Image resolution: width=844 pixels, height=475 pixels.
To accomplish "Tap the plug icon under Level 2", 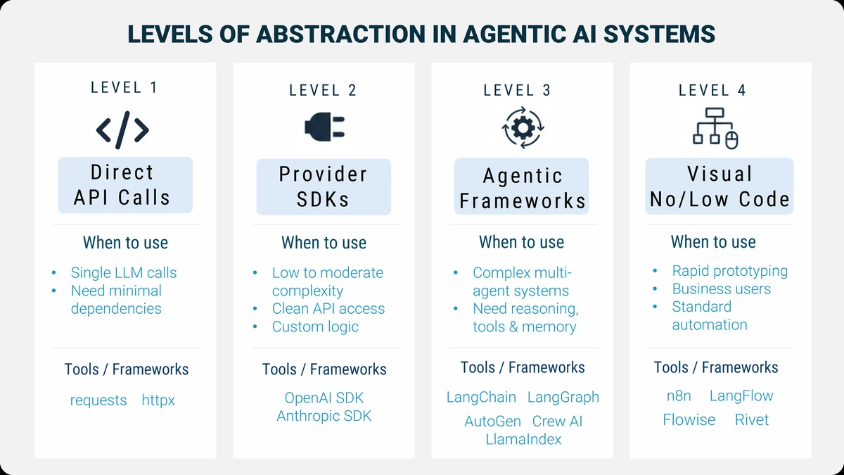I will (x=324, y=127).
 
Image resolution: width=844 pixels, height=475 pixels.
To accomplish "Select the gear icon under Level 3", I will (x=521, y=128).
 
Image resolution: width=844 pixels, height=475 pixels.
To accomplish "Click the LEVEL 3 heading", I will (x=517, y=90).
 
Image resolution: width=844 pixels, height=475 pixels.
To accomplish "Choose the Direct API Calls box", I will (x=125, y=185).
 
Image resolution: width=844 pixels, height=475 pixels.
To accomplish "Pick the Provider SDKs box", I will (x=324, y=186).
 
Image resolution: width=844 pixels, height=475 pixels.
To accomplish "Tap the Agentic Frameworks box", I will (x=522, y=187).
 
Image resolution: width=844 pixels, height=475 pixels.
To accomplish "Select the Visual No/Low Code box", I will (x=720, y=186).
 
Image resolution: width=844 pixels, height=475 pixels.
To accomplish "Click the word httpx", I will (x=158, y=400).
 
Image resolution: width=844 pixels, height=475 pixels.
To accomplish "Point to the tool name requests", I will (x=98, y=400).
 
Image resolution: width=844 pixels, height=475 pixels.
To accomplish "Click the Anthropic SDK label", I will (x=324, y=416).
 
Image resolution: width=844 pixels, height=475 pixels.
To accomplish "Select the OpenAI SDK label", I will (x=324, y=398).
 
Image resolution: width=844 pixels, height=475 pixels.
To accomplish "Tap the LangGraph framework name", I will (x=563, y=397).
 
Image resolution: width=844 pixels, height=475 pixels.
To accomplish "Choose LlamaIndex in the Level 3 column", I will (x=524, y=439).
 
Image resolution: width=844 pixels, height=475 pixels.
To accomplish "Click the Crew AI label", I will (x=558, y=422).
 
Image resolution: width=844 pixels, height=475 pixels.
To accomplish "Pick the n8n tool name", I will (x=679, y=396).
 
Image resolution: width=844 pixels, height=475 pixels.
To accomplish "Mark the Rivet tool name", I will (x=752, y=420).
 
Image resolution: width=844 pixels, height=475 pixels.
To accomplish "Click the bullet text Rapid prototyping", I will (x=730, y=271).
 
